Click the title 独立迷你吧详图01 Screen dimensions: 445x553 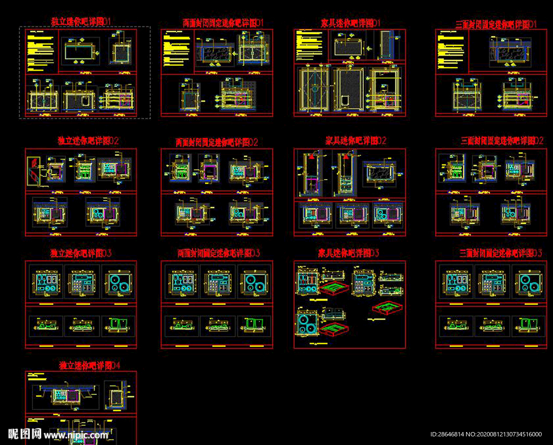point(81,21)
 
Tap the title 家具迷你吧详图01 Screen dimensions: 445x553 point(350,23)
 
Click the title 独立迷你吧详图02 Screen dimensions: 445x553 point(88,141)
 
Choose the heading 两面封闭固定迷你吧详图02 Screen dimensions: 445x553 point(217,142)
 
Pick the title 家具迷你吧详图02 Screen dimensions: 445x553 point(356,141)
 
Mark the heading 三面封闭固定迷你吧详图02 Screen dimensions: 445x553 point(502,141)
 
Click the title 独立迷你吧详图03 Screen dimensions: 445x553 point(80,253)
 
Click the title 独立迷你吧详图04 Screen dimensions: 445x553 point(90,365)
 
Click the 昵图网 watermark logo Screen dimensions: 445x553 point(25,433)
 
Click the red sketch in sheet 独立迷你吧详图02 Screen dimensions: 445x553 point(35,169)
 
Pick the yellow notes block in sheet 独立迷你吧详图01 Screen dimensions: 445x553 point(42,49)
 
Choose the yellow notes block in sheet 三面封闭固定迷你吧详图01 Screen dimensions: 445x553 point(451,49)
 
